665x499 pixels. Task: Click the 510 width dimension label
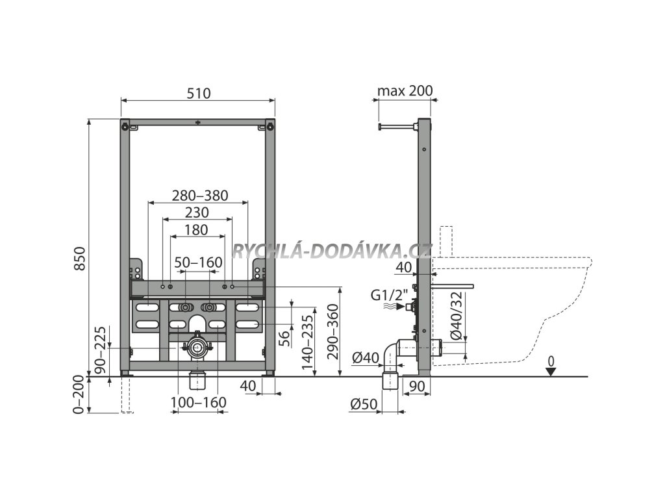tap(198, 93)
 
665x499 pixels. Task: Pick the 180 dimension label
tap(195, 229)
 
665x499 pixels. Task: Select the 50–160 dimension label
tap(198, 262)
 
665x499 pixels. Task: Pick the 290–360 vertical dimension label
tap(333, 332)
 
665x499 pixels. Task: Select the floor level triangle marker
tap(551, 372)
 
